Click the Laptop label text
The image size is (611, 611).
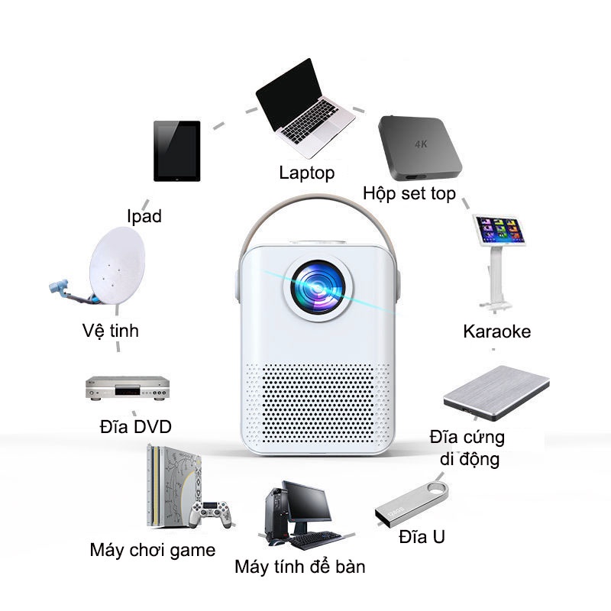(x=306, y=173)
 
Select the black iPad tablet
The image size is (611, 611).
(x=176, y=150)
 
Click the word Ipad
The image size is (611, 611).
(x=144, y=216)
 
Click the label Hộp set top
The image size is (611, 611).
(x=409, y=192)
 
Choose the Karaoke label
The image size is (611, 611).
(x=496, y=331)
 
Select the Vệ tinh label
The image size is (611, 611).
(x=111, y=331)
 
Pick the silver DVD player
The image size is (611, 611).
(x=126, y=387)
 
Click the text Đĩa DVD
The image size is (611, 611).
(x=135, y=425)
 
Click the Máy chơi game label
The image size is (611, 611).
(x=152, y=550)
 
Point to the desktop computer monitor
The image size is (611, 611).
(x=308, y=502)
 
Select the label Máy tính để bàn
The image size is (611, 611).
(x=300, y=567)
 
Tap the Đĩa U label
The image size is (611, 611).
(x=422, y=537)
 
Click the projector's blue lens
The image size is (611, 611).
(x=316, y=285)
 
